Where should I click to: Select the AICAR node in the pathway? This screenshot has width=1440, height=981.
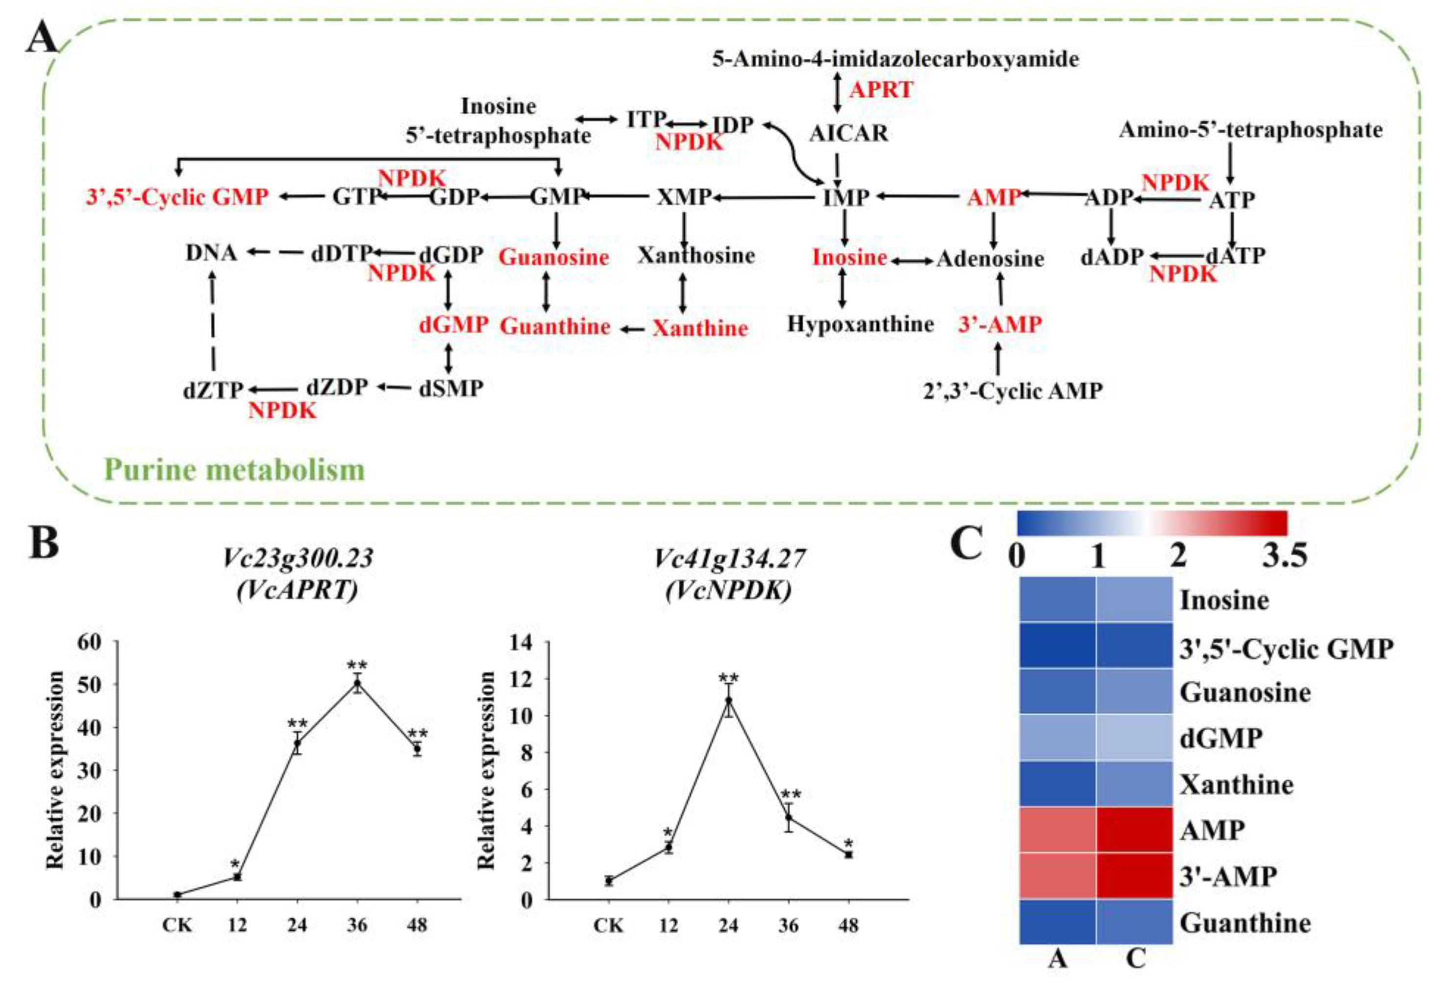(x=849, y=133)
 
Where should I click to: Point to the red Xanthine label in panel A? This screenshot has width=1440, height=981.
(x=699, y=328)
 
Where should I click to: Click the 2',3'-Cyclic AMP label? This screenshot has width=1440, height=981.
(x=1013, y=391)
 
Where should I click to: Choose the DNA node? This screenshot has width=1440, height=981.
(x=211, y=253)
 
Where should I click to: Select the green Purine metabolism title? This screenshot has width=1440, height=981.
(x=234, y=470)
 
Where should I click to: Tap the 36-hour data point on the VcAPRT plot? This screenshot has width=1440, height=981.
(x=357, y=684)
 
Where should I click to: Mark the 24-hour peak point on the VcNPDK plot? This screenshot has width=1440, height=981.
(x=729, y=700)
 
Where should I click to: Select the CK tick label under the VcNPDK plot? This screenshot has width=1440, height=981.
(x=608, y=925)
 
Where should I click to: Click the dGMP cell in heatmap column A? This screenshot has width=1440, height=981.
(x=1057, y=738)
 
